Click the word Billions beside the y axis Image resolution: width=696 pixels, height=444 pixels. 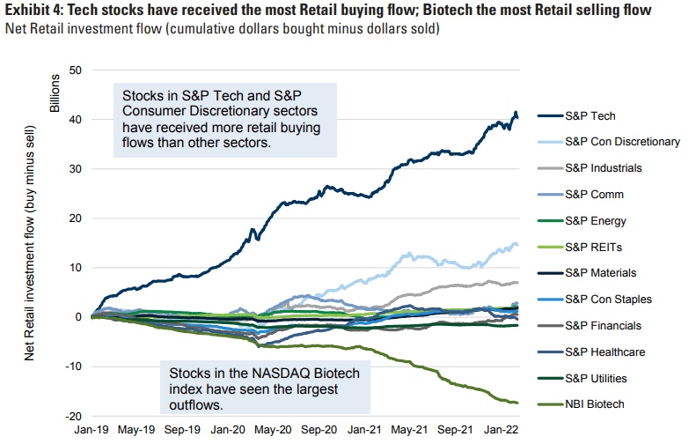click(55, 97)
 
